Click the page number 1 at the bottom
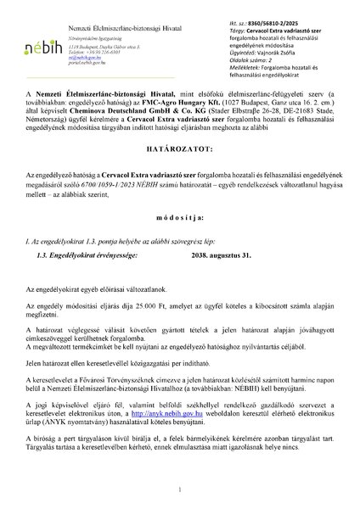tap(180, 490)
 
